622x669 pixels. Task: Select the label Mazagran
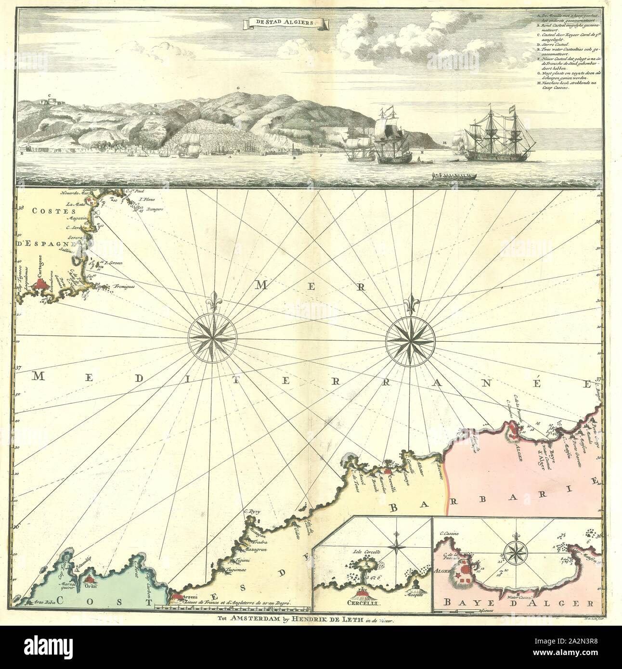(x=256, y=549)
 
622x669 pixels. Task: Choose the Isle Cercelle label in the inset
(x=367, y=552)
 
